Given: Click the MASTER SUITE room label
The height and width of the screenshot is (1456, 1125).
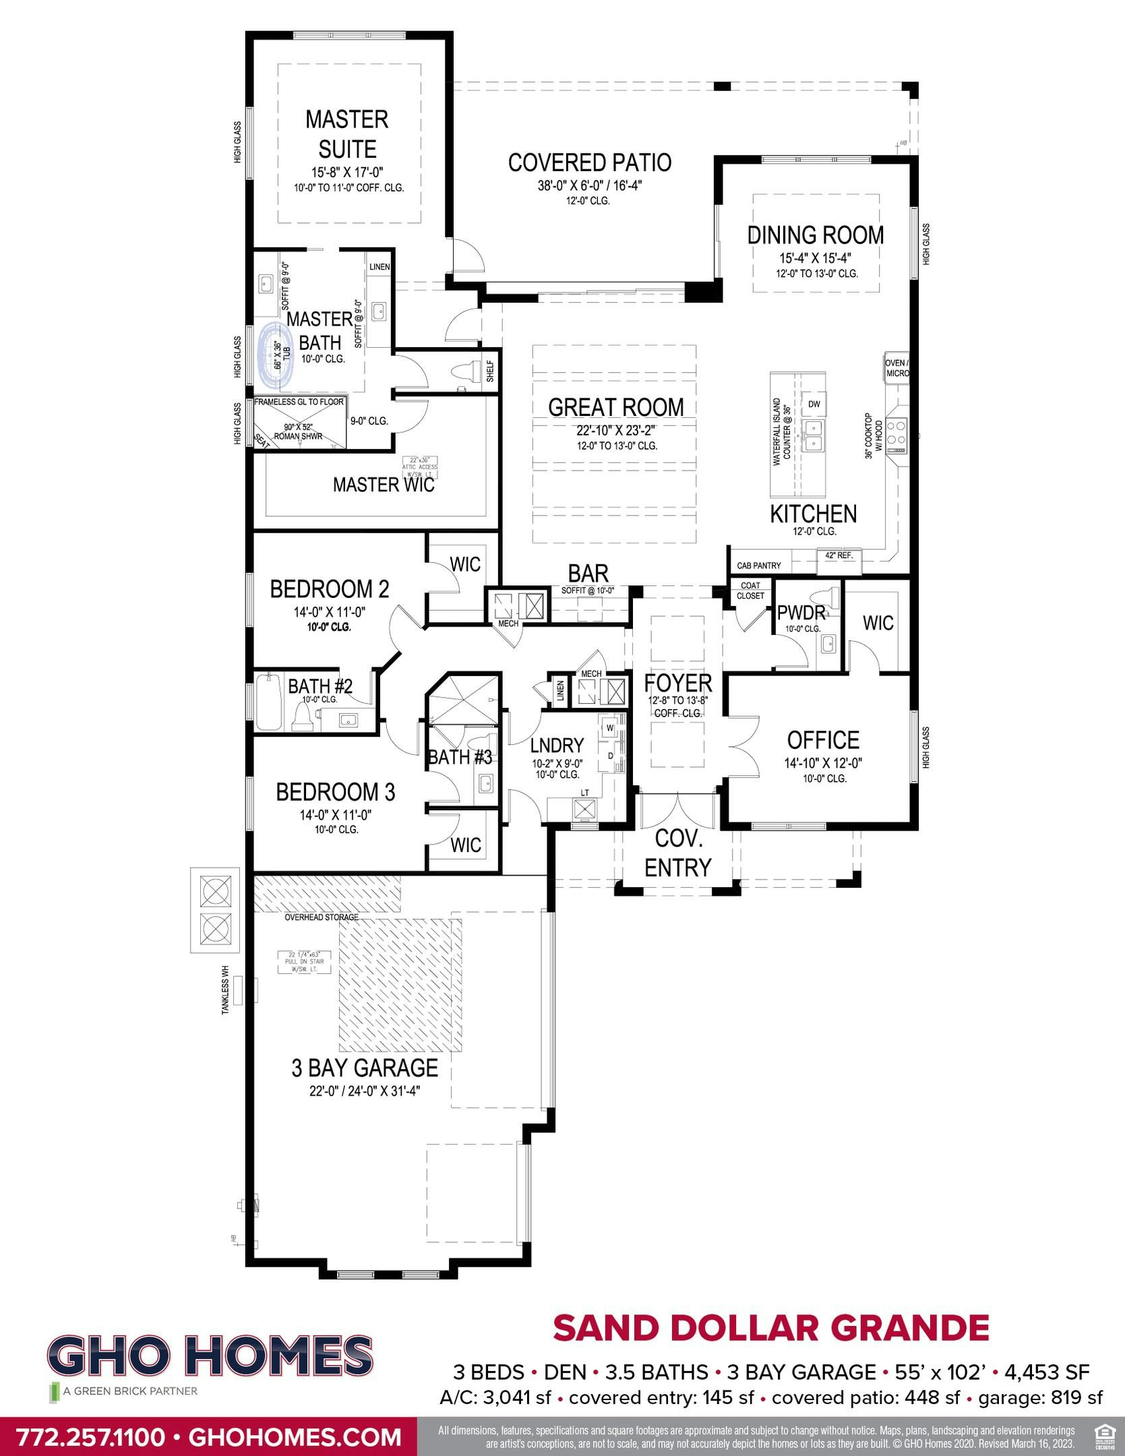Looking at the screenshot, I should tap(346, 133).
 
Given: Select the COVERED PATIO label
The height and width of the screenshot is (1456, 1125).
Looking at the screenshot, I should tap(589, 162).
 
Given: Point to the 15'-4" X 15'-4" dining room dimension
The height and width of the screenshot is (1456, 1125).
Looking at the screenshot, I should tap(816, 258).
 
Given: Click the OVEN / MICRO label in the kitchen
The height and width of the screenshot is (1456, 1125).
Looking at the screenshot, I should tap(896, 367).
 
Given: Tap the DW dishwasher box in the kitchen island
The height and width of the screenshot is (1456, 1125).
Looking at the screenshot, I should tap(814, 404).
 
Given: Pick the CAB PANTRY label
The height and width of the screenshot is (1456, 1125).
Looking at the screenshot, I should tap(758, 566).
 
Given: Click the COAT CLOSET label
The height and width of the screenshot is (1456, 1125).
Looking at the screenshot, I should tap(750, 590).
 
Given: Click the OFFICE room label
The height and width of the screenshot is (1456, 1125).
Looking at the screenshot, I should tap(822, 740).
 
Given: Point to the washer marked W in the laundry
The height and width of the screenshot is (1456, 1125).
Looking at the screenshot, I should tap(609, 727).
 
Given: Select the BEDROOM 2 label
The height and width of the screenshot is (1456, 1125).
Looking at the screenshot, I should tap(330, 589).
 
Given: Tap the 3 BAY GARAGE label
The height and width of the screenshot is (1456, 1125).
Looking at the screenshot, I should tap(365, 1067).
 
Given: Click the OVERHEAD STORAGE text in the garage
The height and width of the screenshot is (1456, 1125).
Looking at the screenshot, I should tap(321, 917).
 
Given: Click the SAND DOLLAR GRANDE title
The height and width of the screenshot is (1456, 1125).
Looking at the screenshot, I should tap(770, 1327).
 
